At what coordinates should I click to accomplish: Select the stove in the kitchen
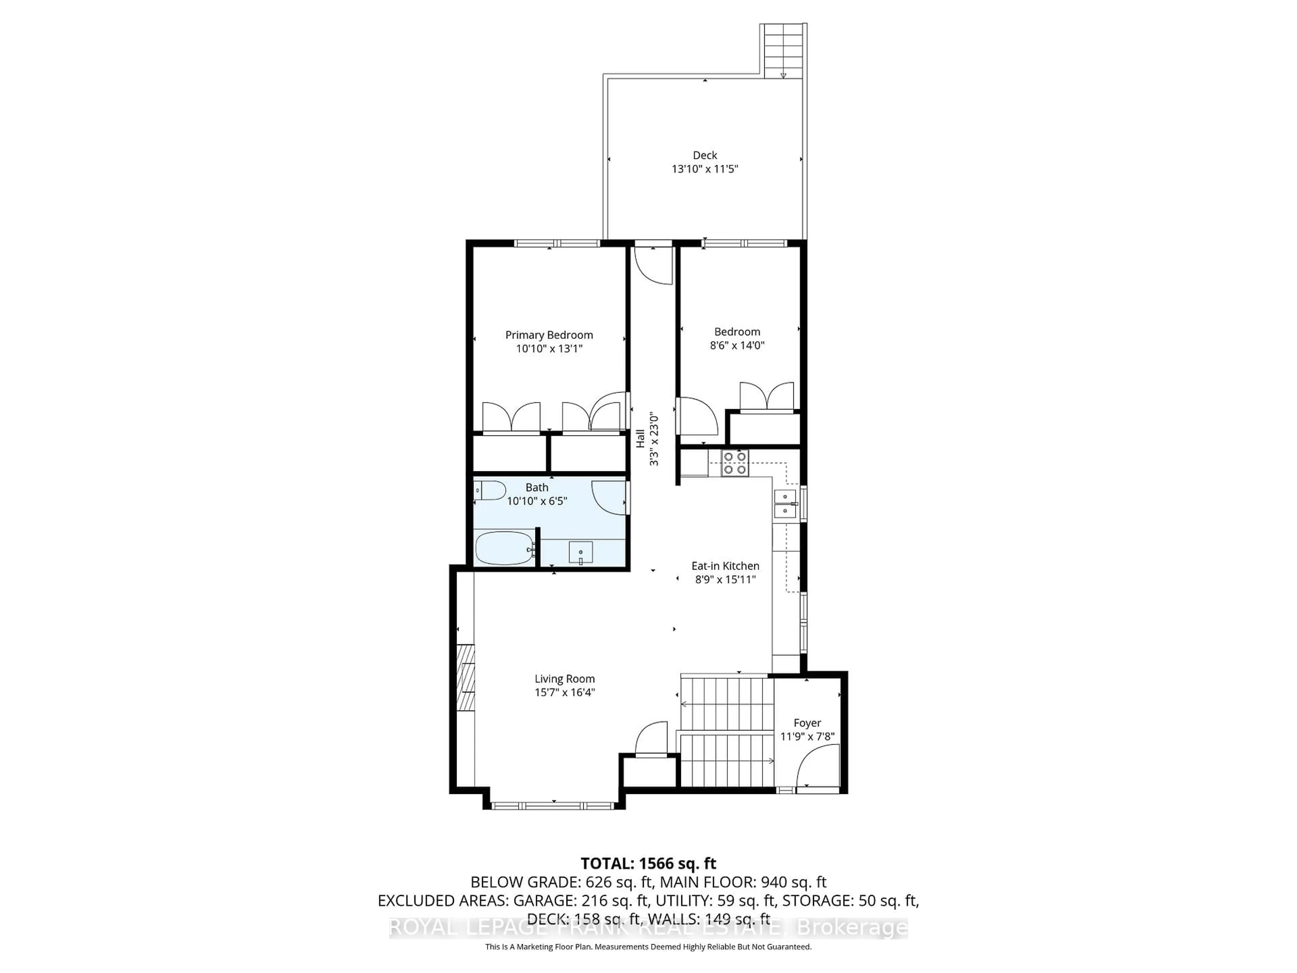pyautogui.click(x=735, y=463)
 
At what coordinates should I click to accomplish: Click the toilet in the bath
pyautogui.click(x=490, y=490)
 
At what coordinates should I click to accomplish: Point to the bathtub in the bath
pyautogui.click(x=504, y=548)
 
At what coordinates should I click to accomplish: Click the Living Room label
pyautogui.click(x=564, y=679)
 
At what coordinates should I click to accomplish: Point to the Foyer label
pyautogui.click(x=807, y=723)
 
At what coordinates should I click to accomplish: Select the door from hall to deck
pyautogui.click(x=654, y=267)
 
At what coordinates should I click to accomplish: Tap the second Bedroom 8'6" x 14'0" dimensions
pyautogui.click(x=737, y=345)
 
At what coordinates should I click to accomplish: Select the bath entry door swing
pyautogui.click(x=610, y=497)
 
